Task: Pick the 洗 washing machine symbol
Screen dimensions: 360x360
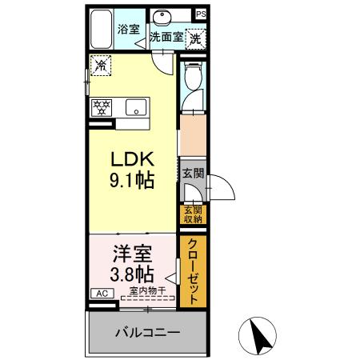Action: pyautogui.click(x=194, y=37)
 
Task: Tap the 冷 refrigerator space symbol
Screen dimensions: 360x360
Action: pyautogui.click(x=101, y=66)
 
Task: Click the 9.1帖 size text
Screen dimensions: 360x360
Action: pyautogui.click(x=132, y=180)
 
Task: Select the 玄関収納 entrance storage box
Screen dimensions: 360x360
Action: pyautogui.click(x=193, y=214)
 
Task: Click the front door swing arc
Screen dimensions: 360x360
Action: pyautogui.click(x=220, y=188)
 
